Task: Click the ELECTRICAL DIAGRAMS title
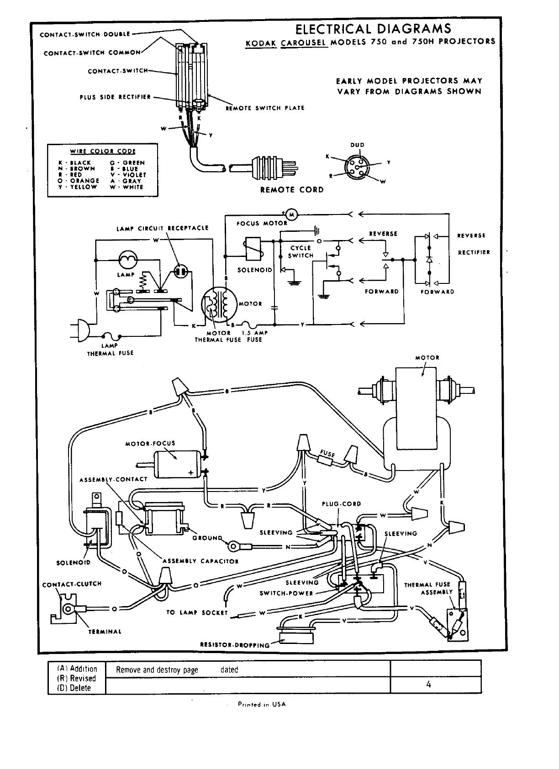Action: [x=373, y=29]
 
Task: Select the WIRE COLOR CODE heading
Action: [x=103, y=152]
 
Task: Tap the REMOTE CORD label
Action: [x=292, y=190]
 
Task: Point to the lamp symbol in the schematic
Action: [x=127, y=260]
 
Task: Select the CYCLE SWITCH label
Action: [x=301, y=252]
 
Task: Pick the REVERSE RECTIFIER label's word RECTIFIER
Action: [x=474, y=252]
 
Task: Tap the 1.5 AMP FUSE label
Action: [x=254, y=336]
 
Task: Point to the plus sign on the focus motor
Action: [x=191, y=472]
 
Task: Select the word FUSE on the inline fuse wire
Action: [x=327, y=454]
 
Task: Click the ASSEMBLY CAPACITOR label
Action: [x=200, y=561]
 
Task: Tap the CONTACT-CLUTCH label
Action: [x=72, y=584]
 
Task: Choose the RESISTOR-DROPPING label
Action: [x=235, y=645]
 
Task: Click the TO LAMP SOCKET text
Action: [x=197, y=613]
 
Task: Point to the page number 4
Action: [x=428, y=684]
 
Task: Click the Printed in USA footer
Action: [x=261, y=704]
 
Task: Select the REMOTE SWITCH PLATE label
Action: [x=265, y=108]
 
